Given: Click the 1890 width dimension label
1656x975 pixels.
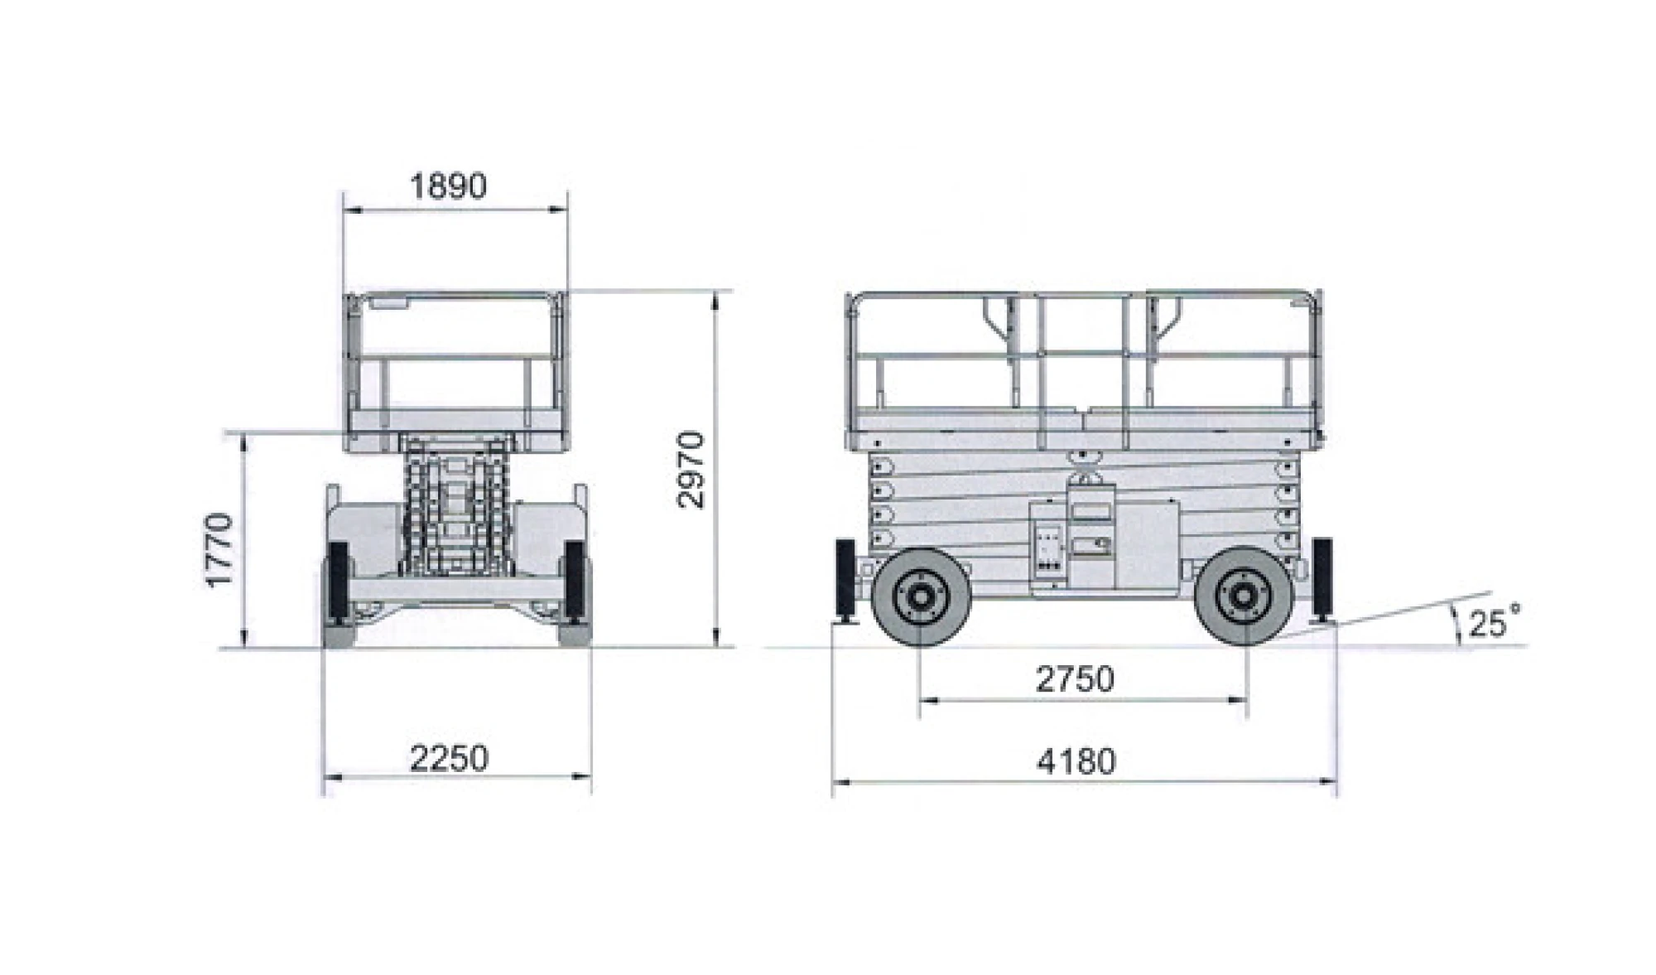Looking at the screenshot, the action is pos(449,186).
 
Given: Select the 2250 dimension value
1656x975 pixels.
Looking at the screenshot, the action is pos(450,759).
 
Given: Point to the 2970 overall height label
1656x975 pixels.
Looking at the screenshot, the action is pos(690,470).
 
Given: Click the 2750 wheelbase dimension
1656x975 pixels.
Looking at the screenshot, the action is pos(1076,679).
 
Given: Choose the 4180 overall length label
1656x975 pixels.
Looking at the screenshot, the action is pos(1076,761).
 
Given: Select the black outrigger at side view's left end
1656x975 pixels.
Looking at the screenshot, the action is pos(846,584).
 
